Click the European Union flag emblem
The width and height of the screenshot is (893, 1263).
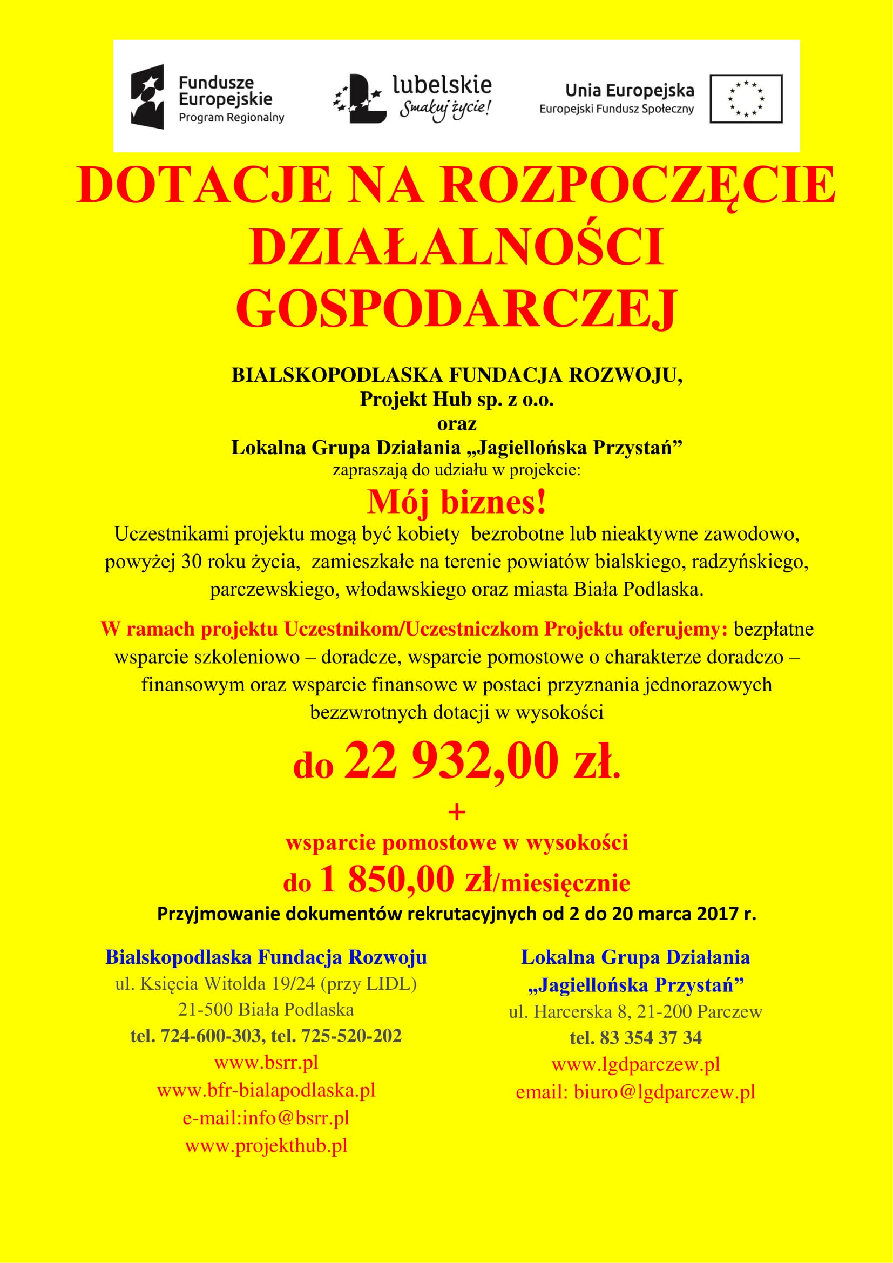[746, 99]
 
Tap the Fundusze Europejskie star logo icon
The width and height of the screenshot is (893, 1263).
[147, 97]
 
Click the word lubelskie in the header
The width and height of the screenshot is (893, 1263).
[442, 85]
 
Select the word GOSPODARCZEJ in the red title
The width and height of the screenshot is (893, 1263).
[456, 309]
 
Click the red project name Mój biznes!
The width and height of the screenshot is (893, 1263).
[456, 502]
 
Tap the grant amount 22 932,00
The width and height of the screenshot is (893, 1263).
[451, 761]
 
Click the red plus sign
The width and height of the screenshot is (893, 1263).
[457, 812]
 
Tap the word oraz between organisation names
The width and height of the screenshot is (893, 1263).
[456, 423]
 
